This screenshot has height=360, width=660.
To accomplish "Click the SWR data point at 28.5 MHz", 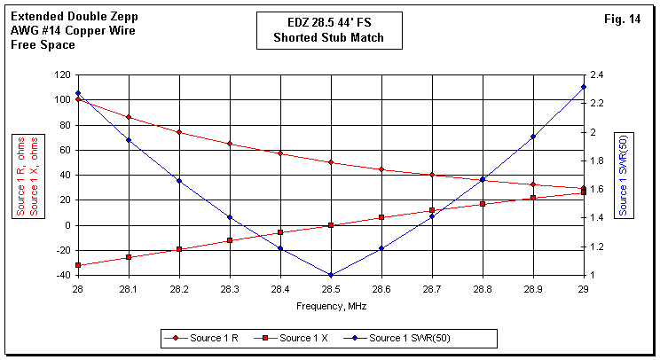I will click(331, 275).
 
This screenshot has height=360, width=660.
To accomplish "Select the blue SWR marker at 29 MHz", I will click(584, 87).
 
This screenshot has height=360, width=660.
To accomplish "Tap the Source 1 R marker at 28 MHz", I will click(78, 99).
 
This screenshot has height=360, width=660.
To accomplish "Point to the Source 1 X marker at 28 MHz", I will click(78, 265).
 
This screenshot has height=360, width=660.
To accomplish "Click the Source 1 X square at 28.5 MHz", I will click(331, 225).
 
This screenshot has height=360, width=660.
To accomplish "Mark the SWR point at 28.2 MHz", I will click(179, 181).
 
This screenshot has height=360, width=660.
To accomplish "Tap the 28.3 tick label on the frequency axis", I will click(230, 288).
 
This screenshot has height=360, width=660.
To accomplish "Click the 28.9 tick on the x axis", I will click(533, 288).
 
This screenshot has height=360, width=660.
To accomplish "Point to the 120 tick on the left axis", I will click(61, 74).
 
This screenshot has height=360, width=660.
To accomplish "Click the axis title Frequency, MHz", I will click(331, 305).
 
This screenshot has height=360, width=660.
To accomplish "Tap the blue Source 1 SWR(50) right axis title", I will click(624, 175).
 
